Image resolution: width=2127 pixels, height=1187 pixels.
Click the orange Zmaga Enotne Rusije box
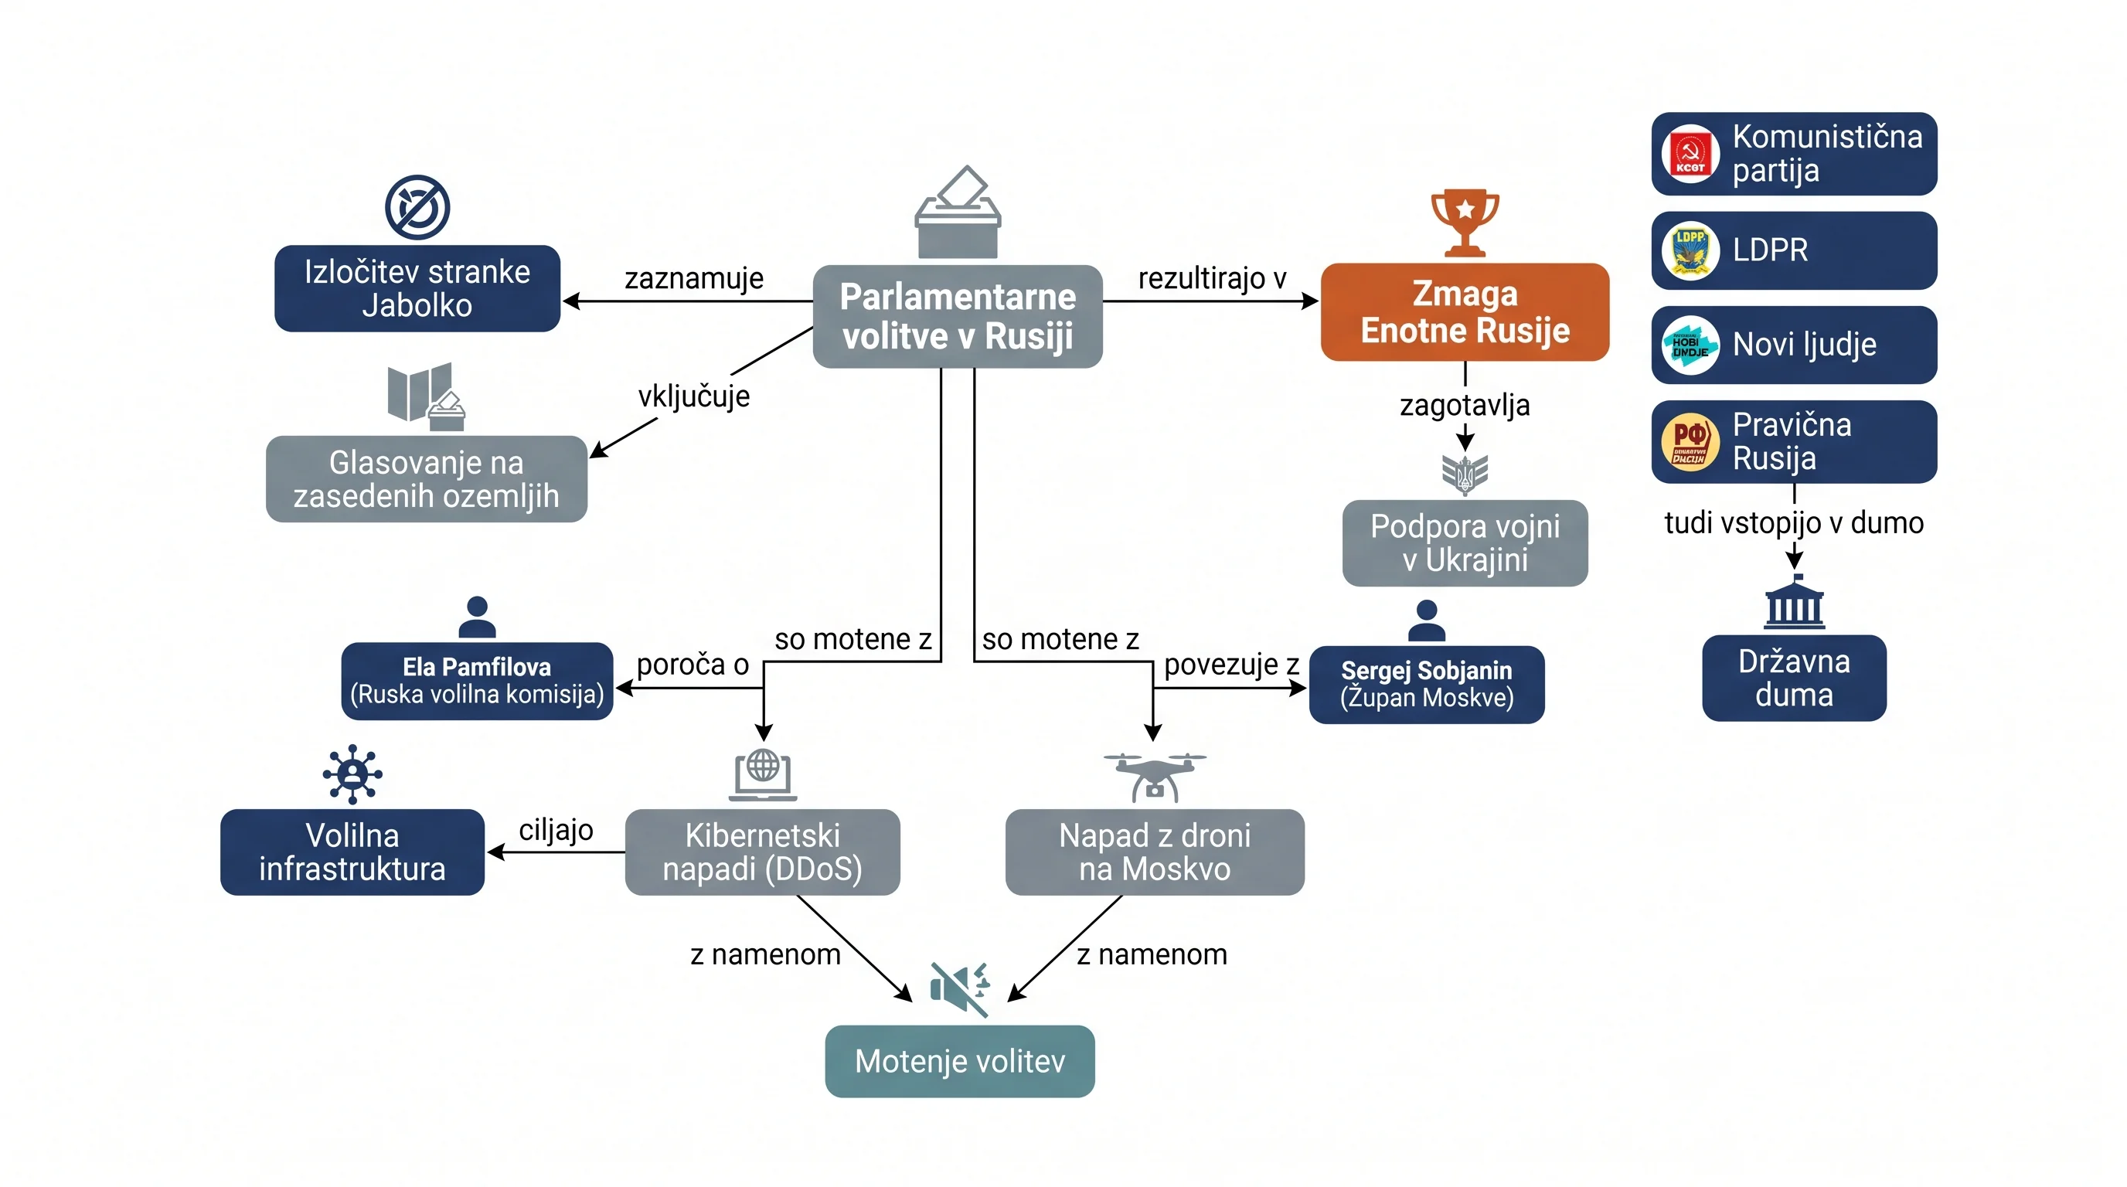[1465, 312]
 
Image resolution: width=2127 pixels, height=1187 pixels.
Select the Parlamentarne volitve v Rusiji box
[958, 316]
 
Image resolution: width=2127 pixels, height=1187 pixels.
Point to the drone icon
[1155, 777]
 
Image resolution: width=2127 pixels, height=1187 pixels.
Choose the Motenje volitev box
[959, 1062]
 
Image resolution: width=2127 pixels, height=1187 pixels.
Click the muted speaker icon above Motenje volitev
[959, 988]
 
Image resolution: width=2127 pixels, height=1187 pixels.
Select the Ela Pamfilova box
[477, 681]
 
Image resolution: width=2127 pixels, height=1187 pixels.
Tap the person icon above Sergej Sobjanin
[1426, 621]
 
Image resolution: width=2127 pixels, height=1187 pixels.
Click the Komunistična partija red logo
[1690, 155]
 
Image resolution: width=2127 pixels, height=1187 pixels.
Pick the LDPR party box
[1794, 250]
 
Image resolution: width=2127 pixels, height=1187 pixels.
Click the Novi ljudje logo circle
[1690, 345]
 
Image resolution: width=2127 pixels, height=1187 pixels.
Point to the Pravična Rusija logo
[1690, 441]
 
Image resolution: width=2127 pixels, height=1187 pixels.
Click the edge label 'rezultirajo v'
[1212, 278]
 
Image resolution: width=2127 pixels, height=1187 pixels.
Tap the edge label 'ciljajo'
[556, 829]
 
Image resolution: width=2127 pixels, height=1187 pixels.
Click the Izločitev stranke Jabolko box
[418, 289]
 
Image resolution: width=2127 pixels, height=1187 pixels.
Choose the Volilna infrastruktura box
[352, 852]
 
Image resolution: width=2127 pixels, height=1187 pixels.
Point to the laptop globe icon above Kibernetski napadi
[763, 774]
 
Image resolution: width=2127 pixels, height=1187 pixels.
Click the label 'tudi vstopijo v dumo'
[1794, 522]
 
